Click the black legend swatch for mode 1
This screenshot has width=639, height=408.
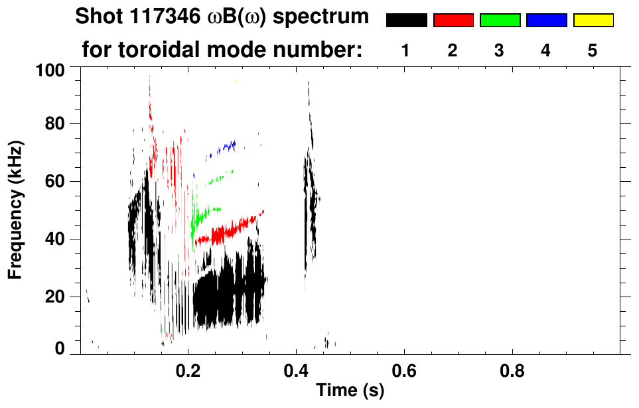click(407, 21)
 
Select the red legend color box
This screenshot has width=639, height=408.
click(453, 21)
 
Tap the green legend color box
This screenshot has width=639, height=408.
click(500, 21)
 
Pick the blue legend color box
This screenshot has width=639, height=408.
click(546, 21)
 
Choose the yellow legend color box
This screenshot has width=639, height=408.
click(593, 21)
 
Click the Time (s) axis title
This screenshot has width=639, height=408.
click(349, 391)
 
